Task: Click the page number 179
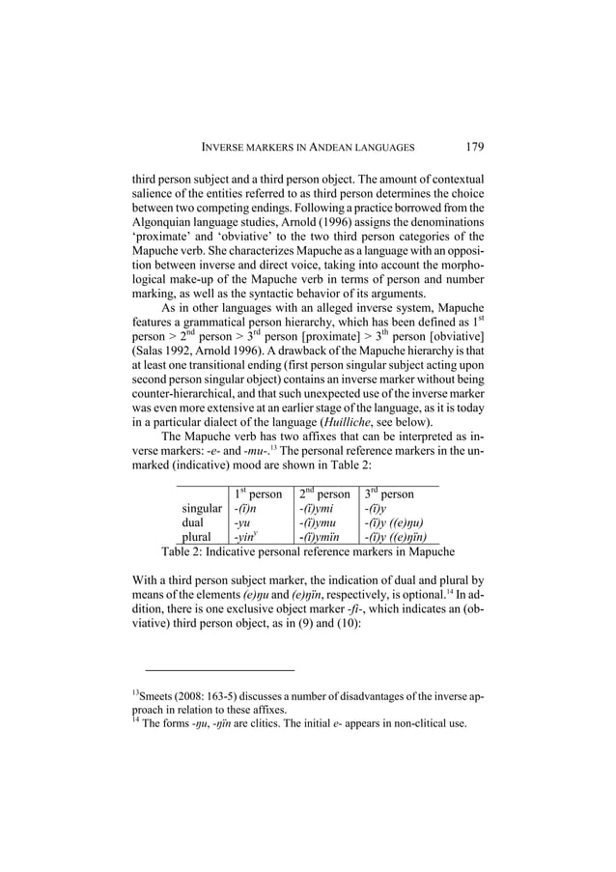[473, 147]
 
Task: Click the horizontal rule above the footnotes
[219, 669]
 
